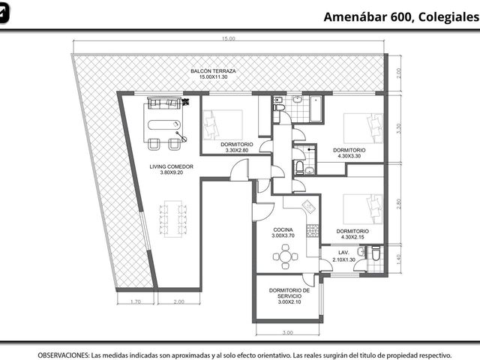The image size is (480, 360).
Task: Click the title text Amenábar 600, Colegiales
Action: pyautogui.click(x=402, y=16)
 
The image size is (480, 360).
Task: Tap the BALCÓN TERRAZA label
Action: pyautogui.click(x=213, y=71)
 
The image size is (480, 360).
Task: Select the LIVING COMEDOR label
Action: pyautogui.click(x=172, y=166)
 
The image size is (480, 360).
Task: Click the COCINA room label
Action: pyautogui.click(x=283, y=229)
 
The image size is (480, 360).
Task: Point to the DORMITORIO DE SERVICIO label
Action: pyautogui.click(x=289, y=293)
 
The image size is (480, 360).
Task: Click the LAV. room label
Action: pyautogui.click(x=343, y=253)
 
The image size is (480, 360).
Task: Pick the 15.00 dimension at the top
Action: pyautogui.click(x=229, y=38)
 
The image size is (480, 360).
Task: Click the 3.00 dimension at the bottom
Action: pyautogui.click(x=287, y=332)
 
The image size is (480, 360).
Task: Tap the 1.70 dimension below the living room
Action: pyautogui.click(x=136, y=301)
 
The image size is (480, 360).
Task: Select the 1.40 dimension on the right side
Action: pyautogui.click(x=398, y=259)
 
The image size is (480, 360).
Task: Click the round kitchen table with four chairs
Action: pyautogui.click(x=285, y=256)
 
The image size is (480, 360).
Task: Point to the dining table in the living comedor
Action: pyautogui.click(x=173, y=219)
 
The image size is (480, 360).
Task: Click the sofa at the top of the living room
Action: pyautogui.click(x=164, y=103)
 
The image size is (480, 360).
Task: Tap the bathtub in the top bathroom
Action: pyautogui.click(x=315, y=109)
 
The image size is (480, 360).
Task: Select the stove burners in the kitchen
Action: pyautogui.click(x=313, y=231)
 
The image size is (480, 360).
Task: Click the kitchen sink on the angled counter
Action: pyautogui.click(x=309, y=207)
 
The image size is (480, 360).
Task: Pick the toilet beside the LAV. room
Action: pyautogui.click(x=376, y=253)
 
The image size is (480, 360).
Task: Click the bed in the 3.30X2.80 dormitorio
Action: pyautogui.click(x=223, y=125)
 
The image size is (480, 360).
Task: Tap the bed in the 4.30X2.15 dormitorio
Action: pyautogui.click(x=363, y=208)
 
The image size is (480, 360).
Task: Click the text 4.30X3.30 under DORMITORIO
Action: pyautogui.click(x=349, y=156)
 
